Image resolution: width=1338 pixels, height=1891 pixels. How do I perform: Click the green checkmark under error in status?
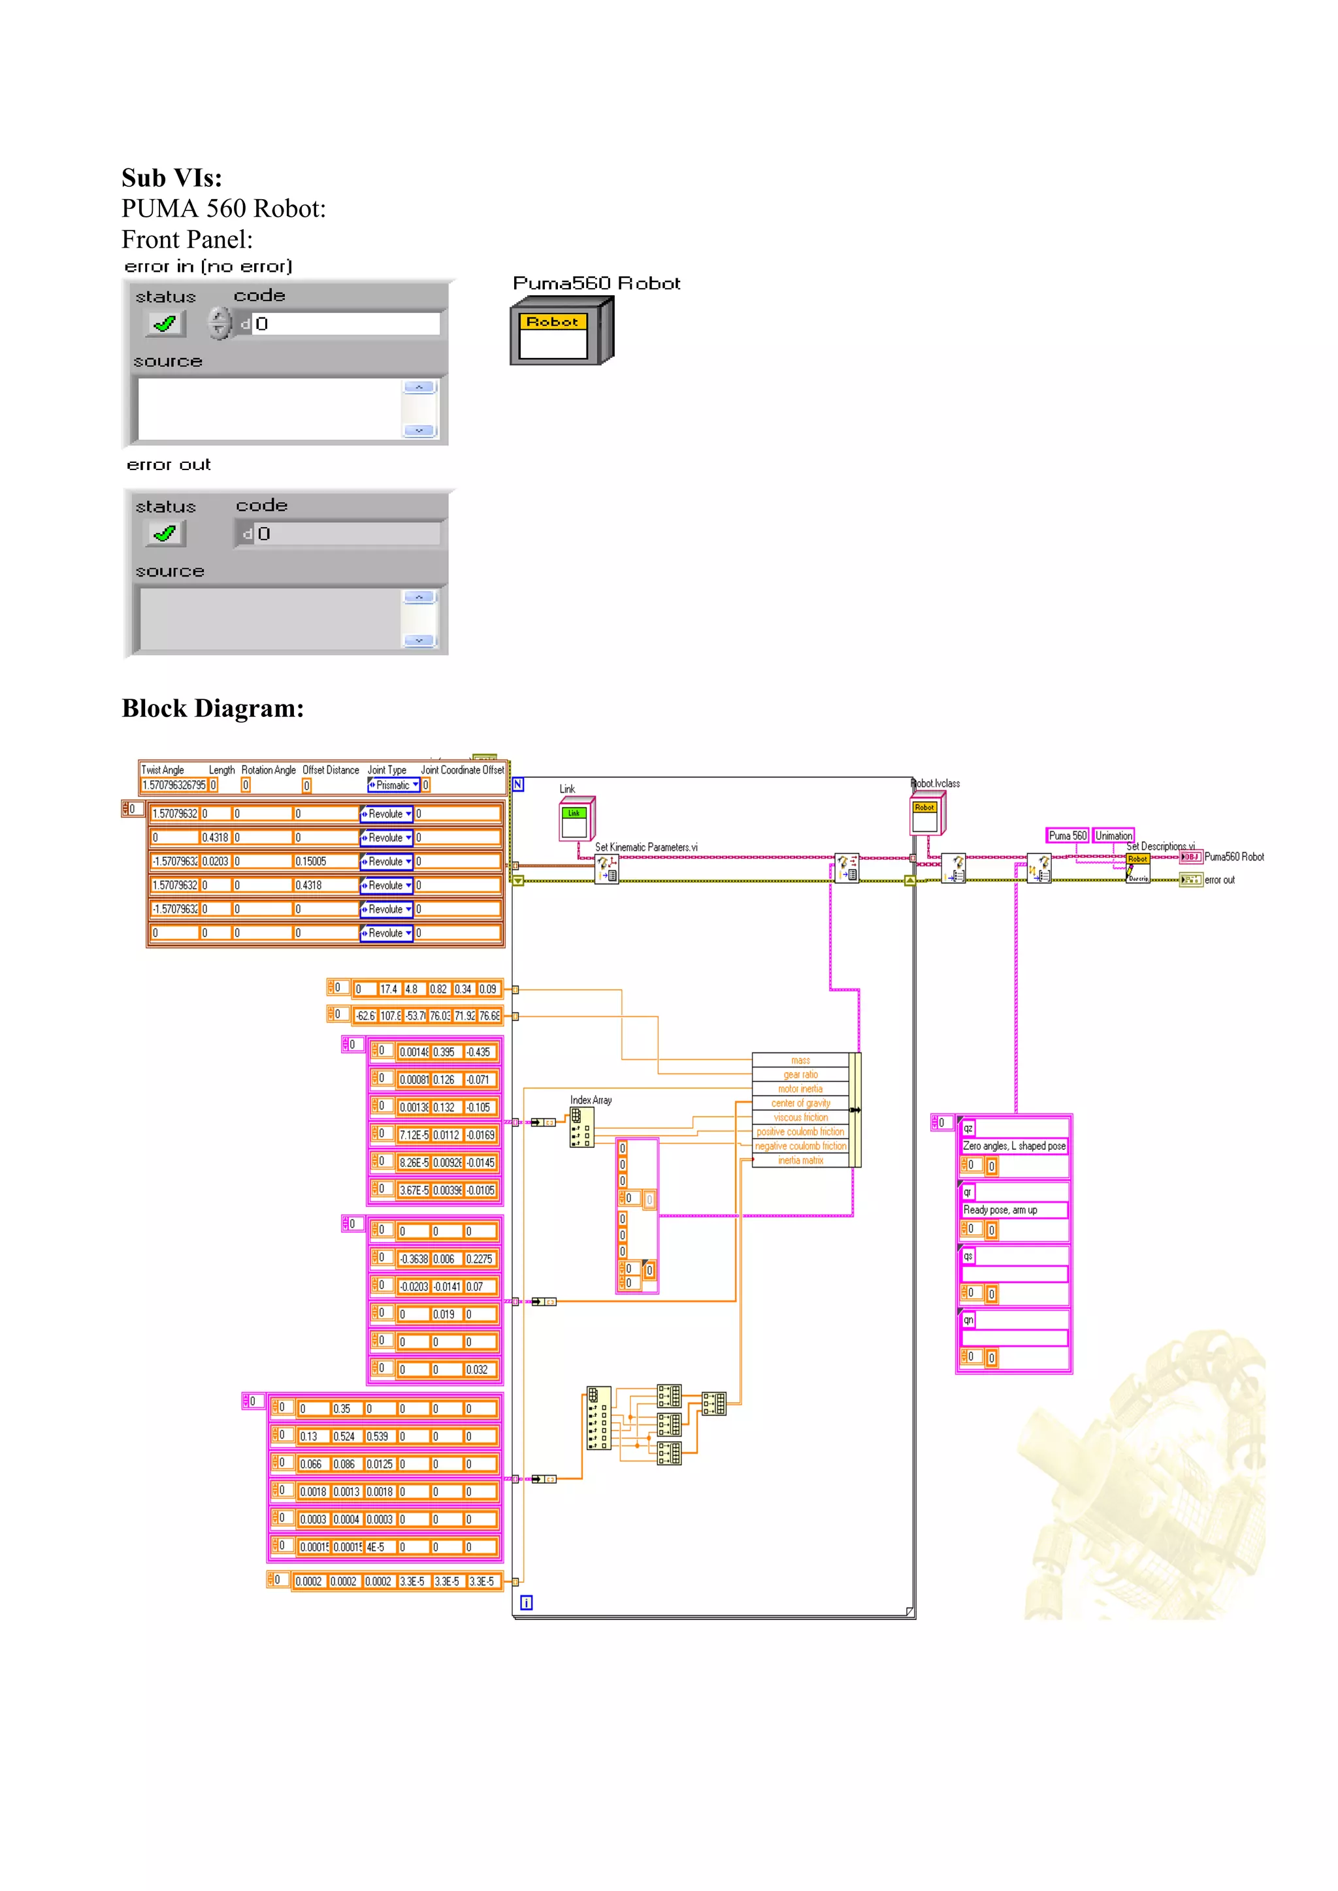(165, 324)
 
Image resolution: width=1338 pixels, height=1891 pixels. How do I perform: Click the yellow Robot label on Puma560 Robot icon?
(552, 322)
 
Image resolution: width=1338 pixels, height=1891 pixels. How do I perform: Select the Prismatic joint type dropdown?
(394, 785)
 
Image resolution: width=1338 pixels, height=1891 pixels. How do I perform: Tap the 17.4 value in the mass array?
(388, 989)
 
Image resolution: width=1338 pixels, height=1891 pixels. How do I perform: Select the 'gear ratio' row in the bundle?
(800, 1075)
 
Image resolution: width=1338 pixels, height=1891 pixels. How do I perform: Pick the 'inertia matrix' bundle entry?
(800, 1160)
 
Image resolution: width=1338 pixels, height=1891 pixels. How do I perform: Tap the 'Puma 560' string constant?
(1067, 835)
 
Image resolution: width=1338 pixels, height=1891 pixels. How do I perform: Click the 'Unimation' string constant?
(1113, 835)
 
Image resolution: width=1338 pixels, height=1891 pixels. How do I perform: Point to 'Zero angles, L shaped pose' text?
(1014, 1146)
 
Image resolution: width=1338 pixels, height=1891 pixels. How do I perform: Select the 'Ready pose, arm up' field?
(1000, 1210)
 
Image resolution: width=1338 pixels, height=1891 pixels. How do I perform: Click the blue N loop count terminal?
(518, 784)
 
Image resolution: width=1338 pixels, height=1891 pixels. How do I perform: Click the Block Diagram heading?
(212, 708)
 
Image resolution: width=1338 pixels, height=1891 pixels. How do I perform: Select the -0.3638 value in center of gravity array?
(414, 1258)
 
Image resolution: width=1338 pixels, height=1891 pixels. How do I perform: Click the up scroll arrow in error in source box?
(419, 387)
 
